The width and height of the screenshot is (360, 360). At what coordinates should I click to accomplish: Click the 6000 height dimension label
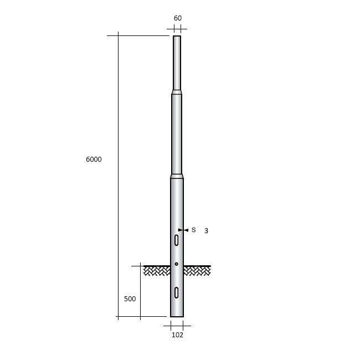94,160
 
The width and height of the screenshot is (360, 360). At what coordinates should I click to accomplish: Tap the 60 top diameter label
178,18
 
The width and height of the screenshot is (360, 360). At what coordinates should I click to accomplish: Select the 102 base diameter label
177,335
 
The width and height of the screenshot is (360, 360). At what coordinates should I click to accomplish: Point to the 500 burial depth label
130,299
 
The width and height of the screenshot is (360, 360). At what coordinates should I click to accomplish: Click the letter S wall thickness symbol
193,230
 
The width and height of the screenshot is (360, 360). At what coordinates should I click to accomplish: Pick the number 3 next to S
206,231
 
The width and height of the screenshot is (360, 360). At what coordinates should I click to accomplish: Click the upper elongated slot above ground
176,240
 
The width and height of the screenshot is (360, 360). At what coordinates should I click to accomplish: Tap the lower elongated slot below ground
176,292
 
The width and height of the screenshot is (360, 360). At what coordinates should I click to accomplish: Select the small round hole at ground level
176,264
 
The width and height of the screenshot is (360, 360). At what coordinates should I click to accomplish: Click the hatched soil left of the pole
157,271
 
